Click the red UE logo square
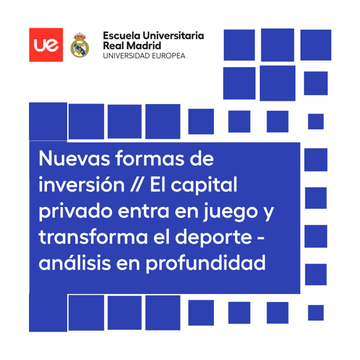pos(46,45)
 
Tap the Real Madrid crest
pos(80,45)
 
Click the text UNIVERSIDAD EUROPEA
pos(144,56)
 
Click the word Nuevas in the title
pos(74,159)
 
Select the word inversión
pos(82,184)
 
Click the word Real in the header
pos(113,46)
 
